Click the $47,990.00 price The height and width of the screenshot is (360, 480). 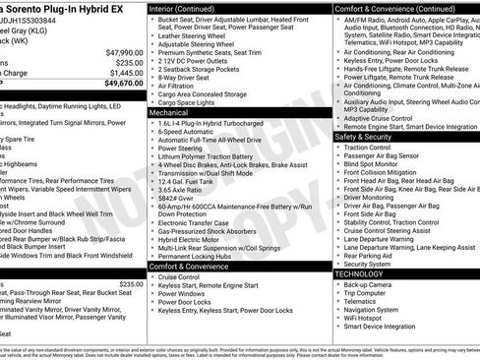[118, 51]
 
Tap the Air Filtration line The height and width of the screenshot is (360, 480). [183, 87]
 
